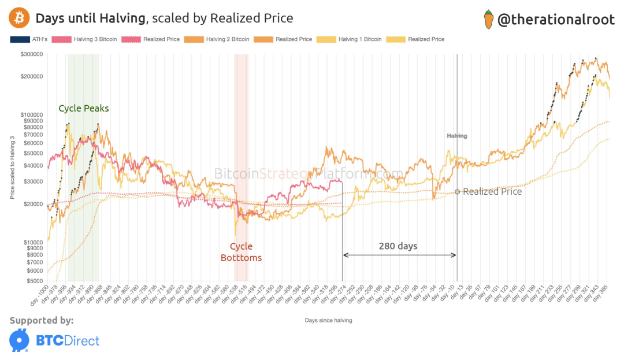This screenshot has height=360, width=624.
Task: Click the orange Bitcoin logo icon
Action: [x=20, y=19]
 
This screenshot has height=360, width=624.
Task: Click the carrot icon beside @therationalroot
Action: [x=488, y=20]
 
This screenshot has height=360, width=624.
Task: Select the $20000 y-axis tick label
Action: [x=33, y=204]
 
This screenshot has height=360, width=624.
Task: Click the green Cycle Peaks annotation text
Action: [x=84, y=109]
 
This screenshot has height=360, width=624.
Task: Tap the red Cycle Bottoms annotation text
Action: [x=241, y=253]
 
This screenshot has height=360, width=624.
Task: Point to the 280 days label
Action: [x=398, y=246]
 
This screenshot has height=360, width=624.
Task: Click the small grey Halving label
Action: [x=456, y=136]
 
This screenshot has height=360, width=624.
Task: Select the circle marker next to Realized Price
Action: [x=457, y=191]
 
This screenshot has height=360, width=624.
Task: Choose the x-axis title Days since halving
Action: [x=328, y=320]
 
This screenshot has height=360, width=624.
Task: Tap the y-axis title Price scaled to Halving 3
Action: [x=12, y=167]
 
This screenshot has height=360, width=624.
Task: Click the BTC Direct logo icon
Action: [x=20, y=340]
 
